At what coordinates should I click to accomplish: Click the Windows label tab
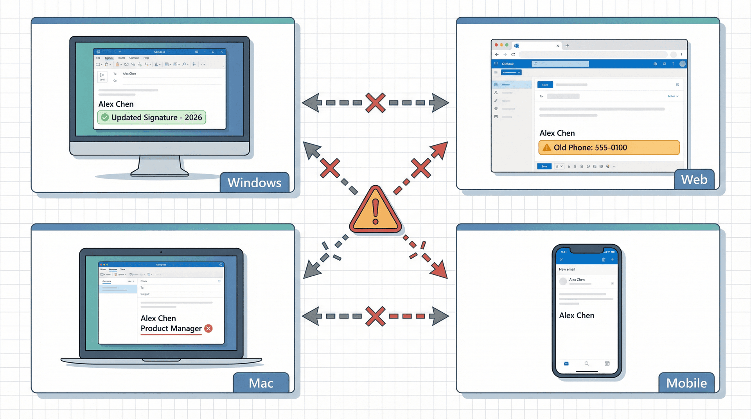(254, 183)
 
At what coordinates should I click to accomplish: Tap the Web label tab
(694, 179)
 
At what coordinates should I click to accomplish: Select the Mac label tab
(261, 383)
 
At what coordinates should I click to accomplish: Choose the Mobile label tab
(686, 383)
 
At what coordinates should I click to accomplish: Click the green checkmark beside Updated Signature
(105, 117)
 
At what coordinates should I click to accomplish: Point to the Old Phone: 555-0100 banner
(609, 148)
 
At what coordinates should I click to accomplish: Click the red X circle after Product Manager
(208, 328)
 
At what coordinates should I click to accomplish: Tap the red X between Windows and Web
(375, 103)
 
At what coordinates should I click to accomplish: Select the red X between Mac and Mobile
(375, 316)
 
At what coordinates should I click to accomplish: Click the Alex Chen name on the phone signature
(577, 315)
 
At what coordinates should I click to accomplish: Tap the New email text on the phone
(567, 269)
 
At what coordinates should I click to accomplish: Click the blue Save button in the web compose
(544, 167)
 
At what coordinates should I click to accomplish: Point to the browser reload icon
(513, 55)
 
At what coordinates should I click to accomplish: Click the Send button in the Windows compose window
(102, 76)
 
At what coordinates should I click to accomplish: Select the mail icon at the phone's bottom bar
(566, 363)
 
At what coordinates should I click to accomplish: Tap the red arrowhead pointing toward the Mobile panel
(440, 270)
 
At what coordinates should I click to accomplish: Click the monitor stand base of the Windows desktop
(160, 172)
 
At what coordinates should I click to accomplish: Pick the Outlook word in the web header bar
(508, 64)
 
